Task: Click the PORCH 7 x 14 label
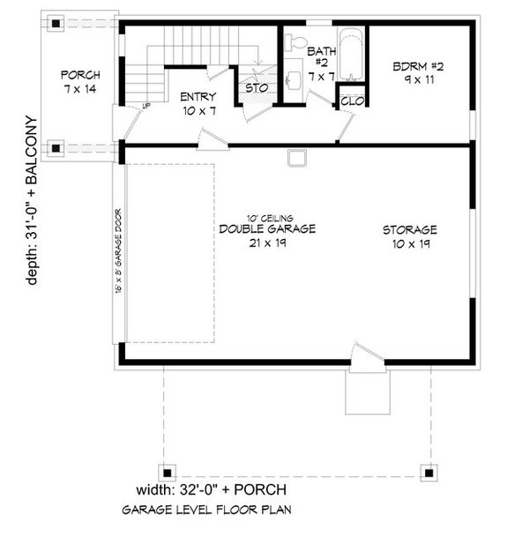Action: click(80, 81)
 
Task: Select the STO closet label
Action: click(256, 88)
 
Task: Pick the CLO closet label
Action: click(350, 101)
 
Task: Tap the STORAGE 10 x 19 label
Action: click(410, 235)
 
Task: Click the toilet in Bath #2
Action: click(297, 43)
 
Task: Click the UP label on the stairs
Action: click(146, 107)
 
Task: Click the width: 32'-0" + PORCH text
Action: click(211, 489)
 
